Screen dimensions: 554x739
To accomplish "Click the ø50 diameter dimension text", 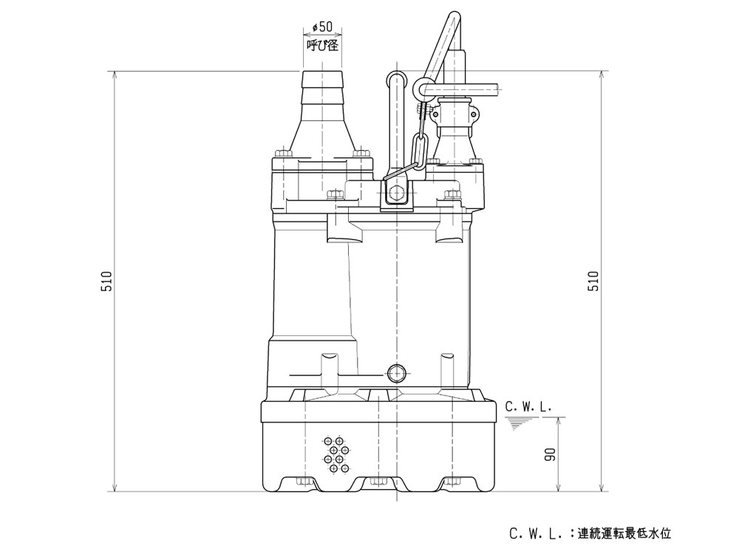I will (x=322, y=27).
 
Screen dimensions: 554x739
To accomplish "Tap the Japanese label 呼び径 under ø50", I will (x=322, y=45).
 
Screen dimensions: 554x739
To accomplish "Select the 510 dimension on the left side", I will (x=108, y=281).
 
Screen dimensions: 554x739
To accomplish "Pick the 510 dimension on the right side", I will (x=593, y=281).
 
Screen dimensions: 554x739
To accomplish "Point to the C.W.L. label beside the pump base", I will (x=528, y=407).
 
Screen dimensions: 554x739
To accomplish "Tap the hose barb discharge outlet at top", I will (x=323, y=85).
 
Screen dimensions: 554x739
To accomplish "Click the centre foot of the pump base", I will (x=378, y=484).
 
